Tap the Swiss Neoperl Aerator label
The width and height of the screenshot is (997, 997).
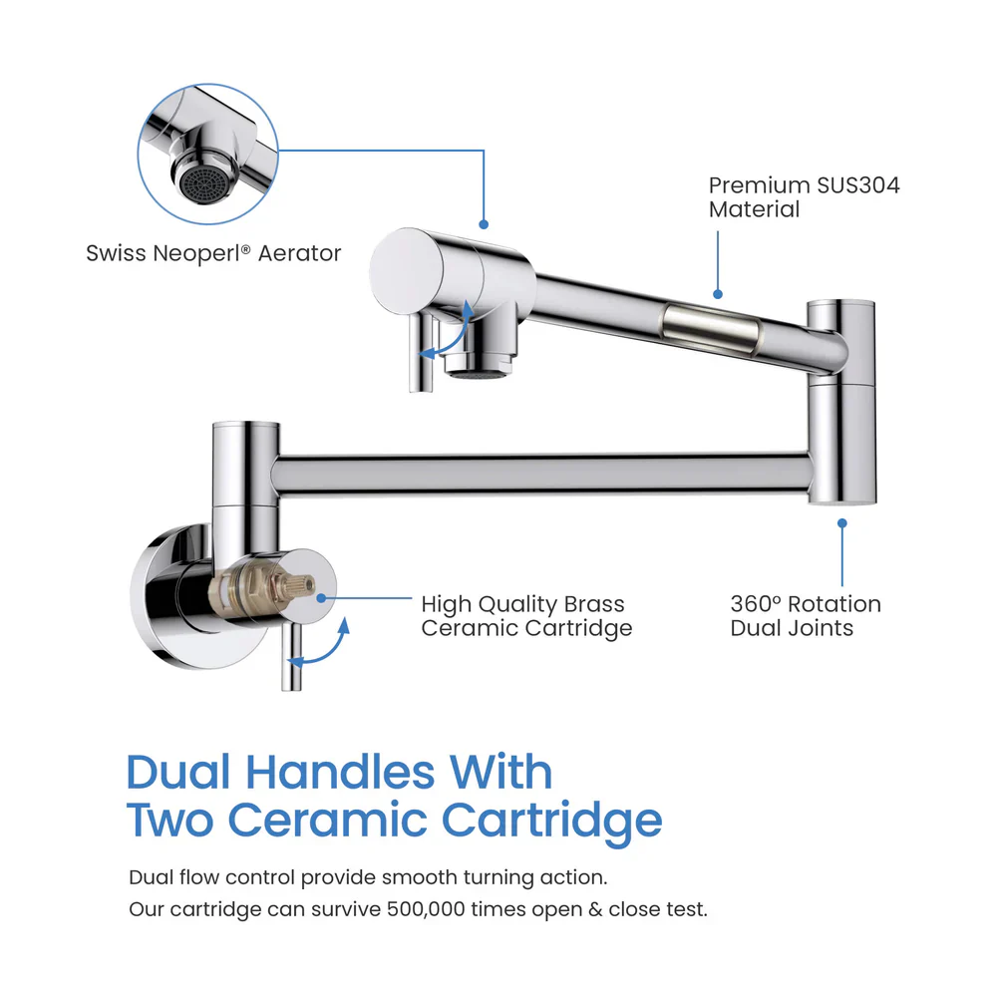tap(213, 253)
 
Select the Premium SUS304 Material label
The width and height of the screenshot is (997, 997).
tap(804, 197)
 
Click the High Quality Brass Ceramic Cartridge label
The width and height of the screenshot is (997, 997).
tap(525, 616)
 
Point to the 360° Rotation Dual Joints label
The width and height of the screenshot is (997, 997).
tap(806, 616)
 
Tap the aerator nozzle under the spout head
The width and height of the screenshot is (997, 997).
tap(479, 364)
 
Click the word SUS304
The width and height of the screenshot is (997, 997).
tap(854, 185)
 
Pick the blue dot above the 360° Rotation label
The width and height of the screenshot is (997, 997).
tap(842, 521)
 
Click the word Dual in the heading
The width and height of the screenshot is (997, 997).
tap(178, 772)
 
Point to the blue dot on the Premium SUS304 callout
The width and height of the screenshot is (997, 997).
tap(718, 294)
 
